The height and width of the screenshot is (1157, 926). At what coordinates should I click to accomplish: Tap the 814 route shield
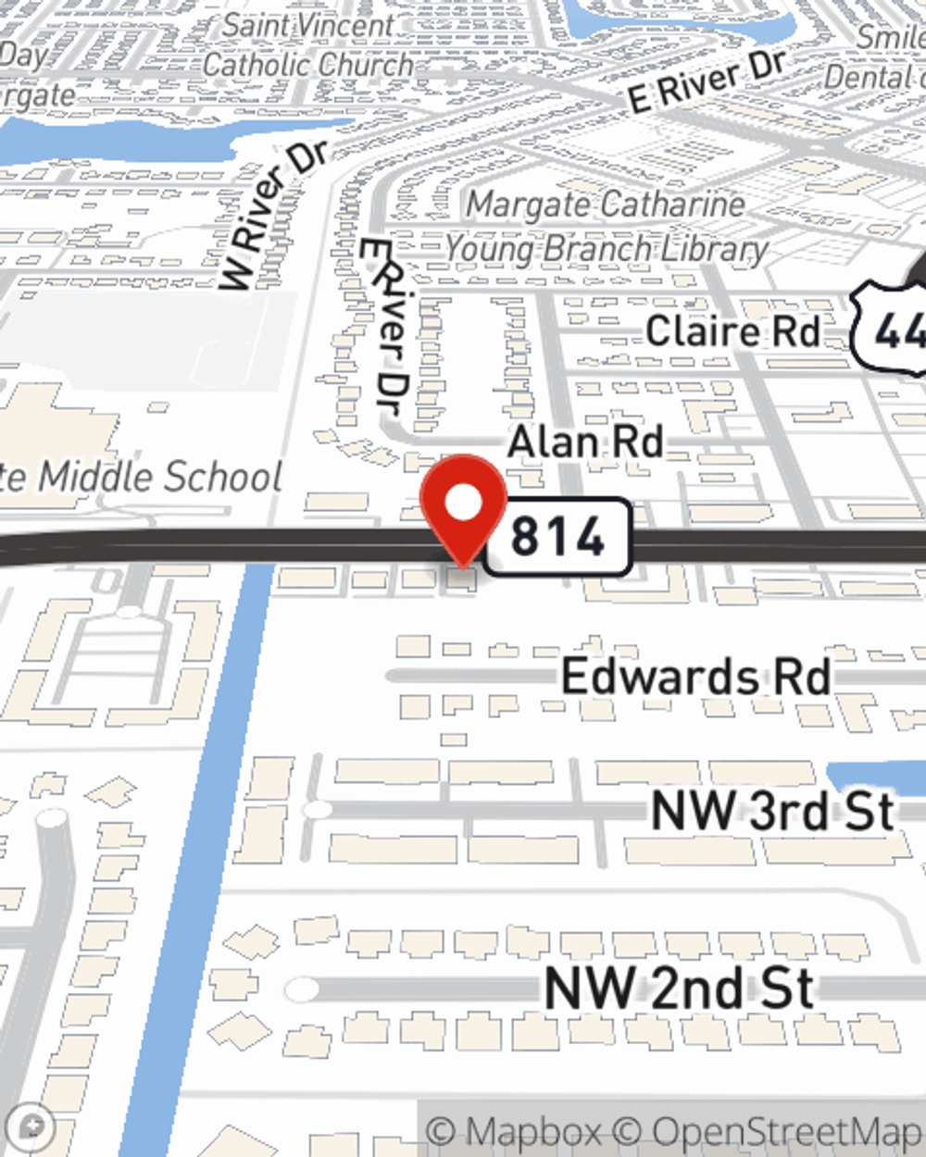click(x=557, y=537)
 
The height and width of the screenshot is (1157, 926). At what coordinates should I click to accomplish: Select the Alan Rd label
click(x=585, y=442)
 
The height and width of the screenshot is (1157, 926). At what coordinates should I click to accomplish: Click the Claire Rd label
click(x=732, y=331)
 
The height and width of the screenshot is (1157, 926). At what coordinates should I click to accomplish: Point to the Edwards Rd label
click(x=695, y=677)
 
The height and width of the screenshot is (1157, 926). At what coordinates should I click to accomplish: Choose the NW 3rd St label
click(x=773, y=811)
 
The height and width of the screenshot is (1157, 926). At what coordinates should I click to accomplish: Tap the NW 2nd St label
click(x=679, y=988)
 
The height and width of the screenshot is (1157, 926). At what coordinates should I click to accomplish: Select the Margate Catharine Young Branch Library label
click(x=607, y=227)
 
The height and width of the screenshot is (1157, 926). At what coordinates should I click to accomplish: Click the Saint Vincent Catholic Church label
click(x=308, y=45)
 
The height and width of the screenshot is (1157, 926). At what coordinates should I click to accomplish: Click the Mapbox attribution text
click(x=515, y=1131)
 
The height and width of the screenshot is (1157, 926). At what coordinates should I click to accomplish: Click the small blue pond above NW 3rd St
click(x=875, y=777)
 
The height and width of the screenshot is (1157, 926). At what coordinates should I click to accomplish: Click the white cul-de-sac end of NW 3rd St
click(x=318, y=810)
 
